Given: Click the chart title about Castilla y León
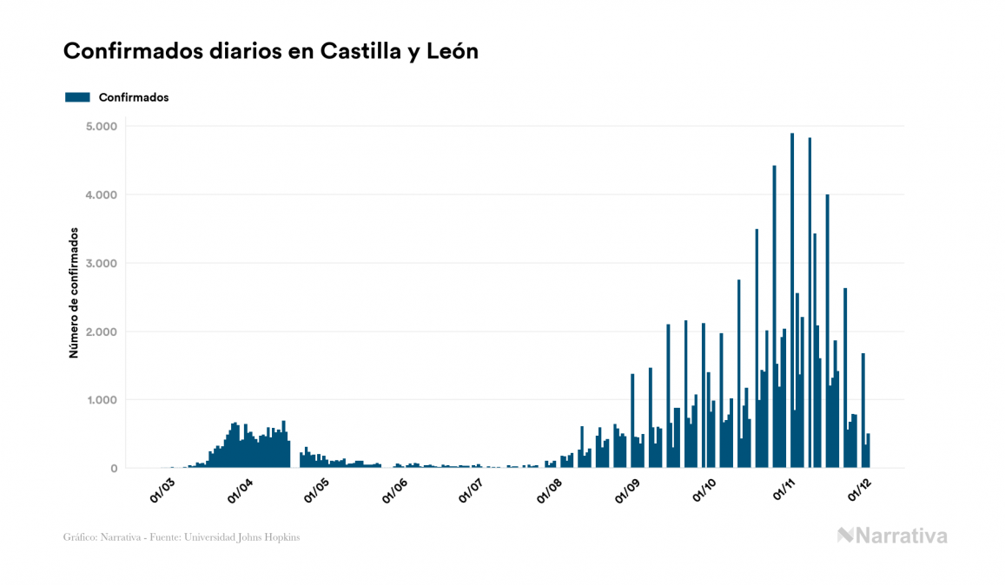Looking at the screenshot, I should pyautogui.click(x=271, y=51).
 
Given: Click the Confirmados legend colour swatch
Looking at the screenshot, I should pyautogui.click(x=77, y=97).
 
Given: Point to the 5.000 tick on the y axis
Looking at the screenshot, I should pyautogui.click(x=102, y=127).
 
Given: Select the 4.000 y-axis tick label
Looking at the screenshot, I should pyautogui.click(x=102, y=195).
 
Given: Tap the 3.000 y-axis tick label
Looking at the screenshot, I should pyautogui.click(x=102, y=264).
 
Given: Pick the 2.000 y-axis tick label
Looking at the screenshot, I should pyautogui.click(x=102, y=332).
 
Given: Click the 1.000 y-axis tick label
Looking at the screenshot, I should pyautogui.click(x=102, y=400).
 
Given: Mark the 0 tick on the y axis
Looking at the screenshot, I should pyautogui.click(x=114, y=469).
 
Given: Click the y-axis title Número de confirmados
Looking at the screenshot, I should pyautogui.click(x=75, y=293).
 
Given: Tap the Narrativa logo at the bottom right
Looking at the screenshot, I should pyautogui.click(x=892, y=536).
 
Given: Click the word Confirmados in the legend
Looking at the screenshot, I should pyautogui.click(x=134, y=97).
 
